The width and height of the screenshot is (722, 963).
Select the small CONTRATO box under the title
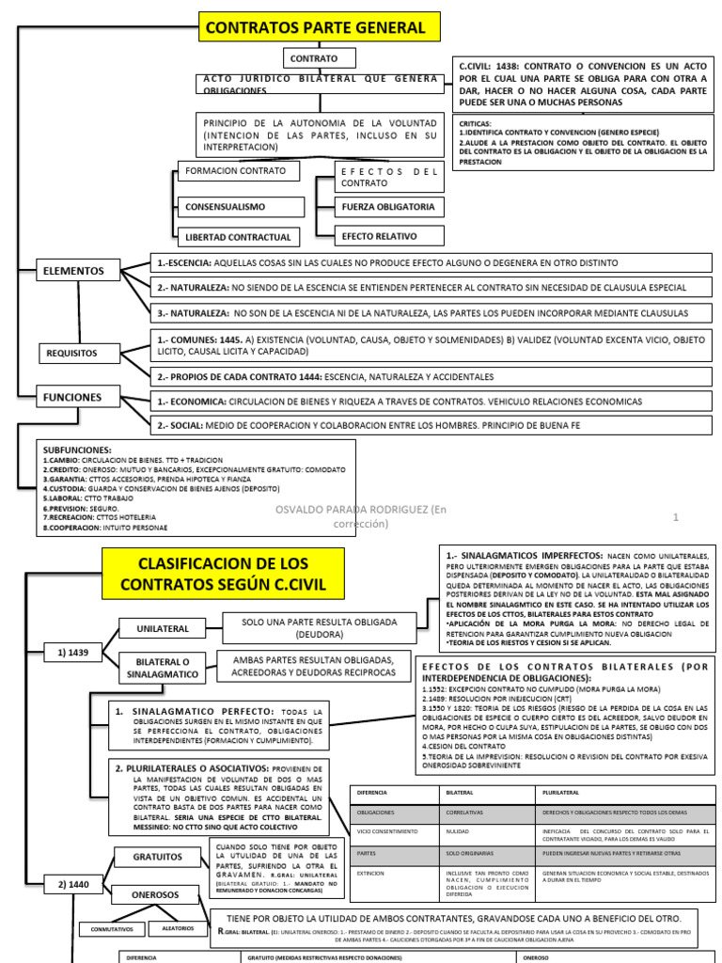tap(314, 58)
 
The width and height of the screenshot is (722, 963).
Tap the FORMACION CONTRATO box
tap(239, 171)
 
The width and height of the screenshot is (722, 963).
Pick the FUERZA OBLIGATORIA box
tap(389, 207)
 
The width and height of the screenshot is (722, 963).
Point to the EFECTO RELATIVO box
tap(380, 236)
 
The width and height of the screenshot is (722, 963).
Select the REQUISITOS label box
tap(79, 354)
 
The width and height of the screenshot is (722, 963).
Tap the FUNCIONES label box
tap(71, 398)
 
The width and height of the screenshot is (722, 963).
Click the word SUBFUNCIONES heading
tap(77, 450)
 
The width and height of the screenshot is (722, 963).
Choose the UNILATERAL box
tap(163, 628)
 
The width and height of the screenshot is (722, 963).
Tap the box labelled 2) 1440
tap(72, 883)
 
